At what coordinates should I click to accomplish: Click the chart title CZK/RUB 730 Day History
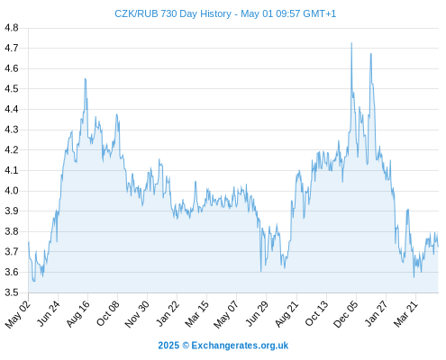(173, 13)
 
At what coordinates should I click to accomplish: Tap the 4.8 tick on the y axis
(12, 28)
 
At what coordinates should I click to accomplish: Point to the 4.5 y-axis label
(12, 89)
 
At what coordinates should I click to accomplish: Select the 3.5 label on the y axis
(12, 292)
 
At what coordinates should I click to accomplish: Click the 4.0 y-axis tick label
(12, 191)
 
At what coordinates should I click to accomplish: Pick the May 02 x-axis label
(18, 314)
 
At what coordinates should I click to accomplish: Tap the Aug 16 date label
(78, 313)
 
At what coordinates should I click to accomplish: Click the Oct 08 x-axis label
(108, 313)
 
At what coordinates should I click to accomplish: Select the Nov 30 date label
(137, 314)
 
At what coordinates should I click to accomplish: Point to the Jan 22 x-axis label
(168, 313)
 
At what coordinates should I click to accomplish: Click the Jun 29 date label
(257, 313)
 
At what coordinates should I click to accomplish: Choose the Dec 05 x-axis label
(346, 314)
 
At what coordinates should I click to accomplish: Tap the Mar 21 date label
(406, 313)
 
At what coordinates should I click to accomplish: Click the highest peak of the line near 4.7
(351, 43)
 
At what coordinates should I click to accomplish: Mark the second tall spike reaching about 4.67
(371, 54)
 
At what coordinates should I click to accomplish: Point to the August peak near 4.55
(86, 79)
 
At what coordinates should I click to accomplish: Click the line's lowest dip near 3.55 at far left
(34, 281)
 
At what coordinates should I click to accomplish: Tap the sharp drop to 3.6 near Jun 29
(261, 271)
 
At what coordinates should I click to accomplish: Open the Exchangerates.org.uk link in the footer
(240, 346)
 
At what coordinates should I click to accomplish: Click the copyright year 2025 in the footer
(168, 346)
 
